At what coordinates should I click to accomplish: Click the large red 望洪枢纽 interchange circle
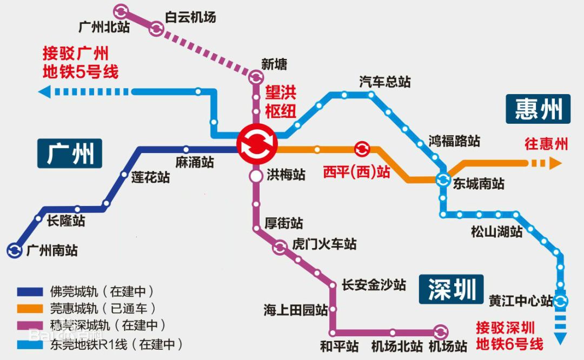click(257, 144)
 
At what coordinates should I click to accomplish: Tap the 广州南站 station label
click(52, 251)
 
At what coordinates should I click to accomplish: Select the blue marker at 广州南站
click(14, 250)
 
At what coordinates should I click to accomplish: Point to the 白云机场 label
click(190, 17)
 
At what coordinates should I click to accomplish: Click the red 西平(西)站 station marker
click(361, 149)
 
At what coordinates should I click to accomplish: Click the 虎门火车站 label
click(324, 244)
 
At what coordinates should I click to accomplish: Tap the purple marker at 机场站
click(441, 332)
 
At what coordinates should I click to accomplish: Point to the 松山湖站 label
click(496, 232)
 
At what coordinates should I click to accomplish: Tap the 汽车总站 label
click(385, 82)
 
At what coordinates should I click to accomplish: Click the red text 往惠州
click(546, 144)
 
